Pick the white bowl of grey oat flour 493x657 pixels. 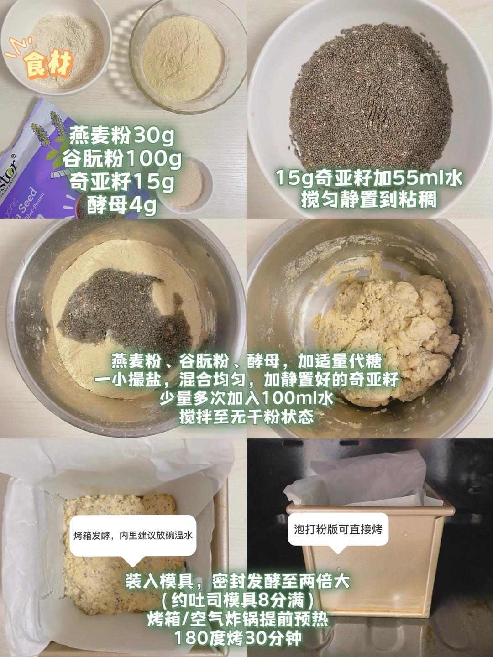click(x=57, y=48)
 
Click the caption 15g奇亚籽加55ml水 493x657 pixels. click(x=369, y=178)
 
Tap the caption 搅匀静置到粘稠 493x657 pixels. click(x=369, y=200)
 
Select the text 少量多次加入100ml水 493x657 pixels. click(x=246, y=398)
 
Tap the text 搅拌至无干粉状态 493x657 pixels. click(x=246, y=416)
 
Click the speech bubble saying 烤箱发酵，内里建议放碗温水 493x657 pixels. click(x=133, y=536)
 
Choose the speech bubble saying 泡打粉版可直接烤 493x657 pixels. click(x=338, y=529)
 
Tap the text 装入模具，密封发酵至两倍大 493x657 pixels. click(x=238, y=581)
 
